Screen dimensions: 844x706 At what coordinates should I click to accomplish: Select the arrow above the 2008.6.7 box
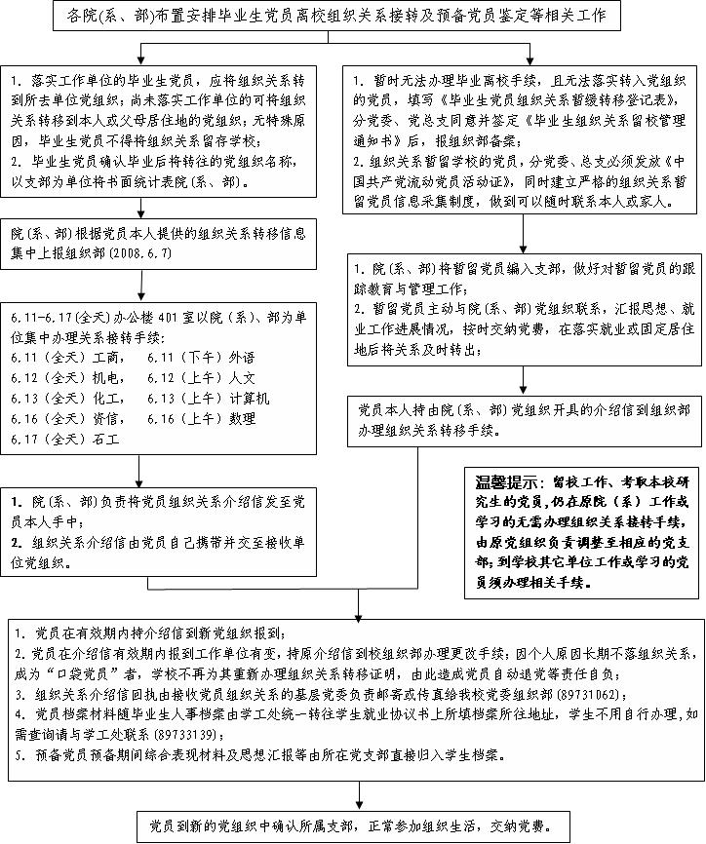(x=163, y=208)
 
